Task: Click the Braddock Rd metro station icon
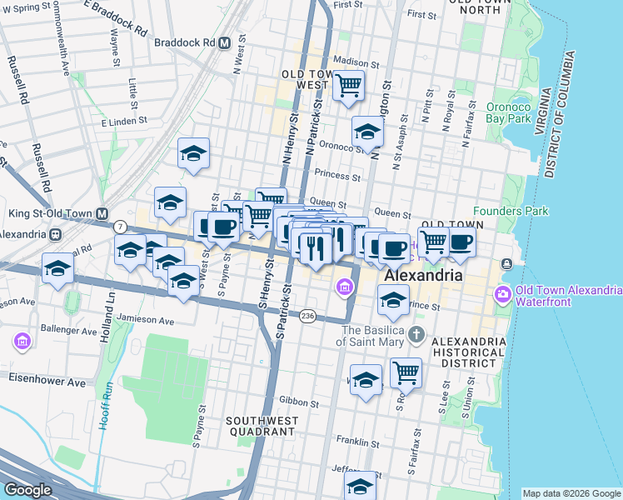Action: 224,42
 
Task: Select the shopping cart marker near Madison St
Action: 349,84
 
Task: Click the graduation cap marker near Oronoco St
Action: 366,131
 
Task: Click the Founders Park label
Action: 511,211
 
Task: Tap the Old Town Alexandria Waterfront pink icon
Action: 503,294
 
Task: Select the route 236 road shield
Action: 308,315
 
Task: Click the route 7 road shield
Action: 121,227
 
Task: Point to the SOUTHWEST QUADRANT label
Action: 260,426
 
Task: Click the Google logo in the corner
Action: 27,490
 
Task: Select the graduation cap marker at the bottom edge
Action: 361,487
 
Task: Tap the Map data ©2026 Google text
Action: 571,493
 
